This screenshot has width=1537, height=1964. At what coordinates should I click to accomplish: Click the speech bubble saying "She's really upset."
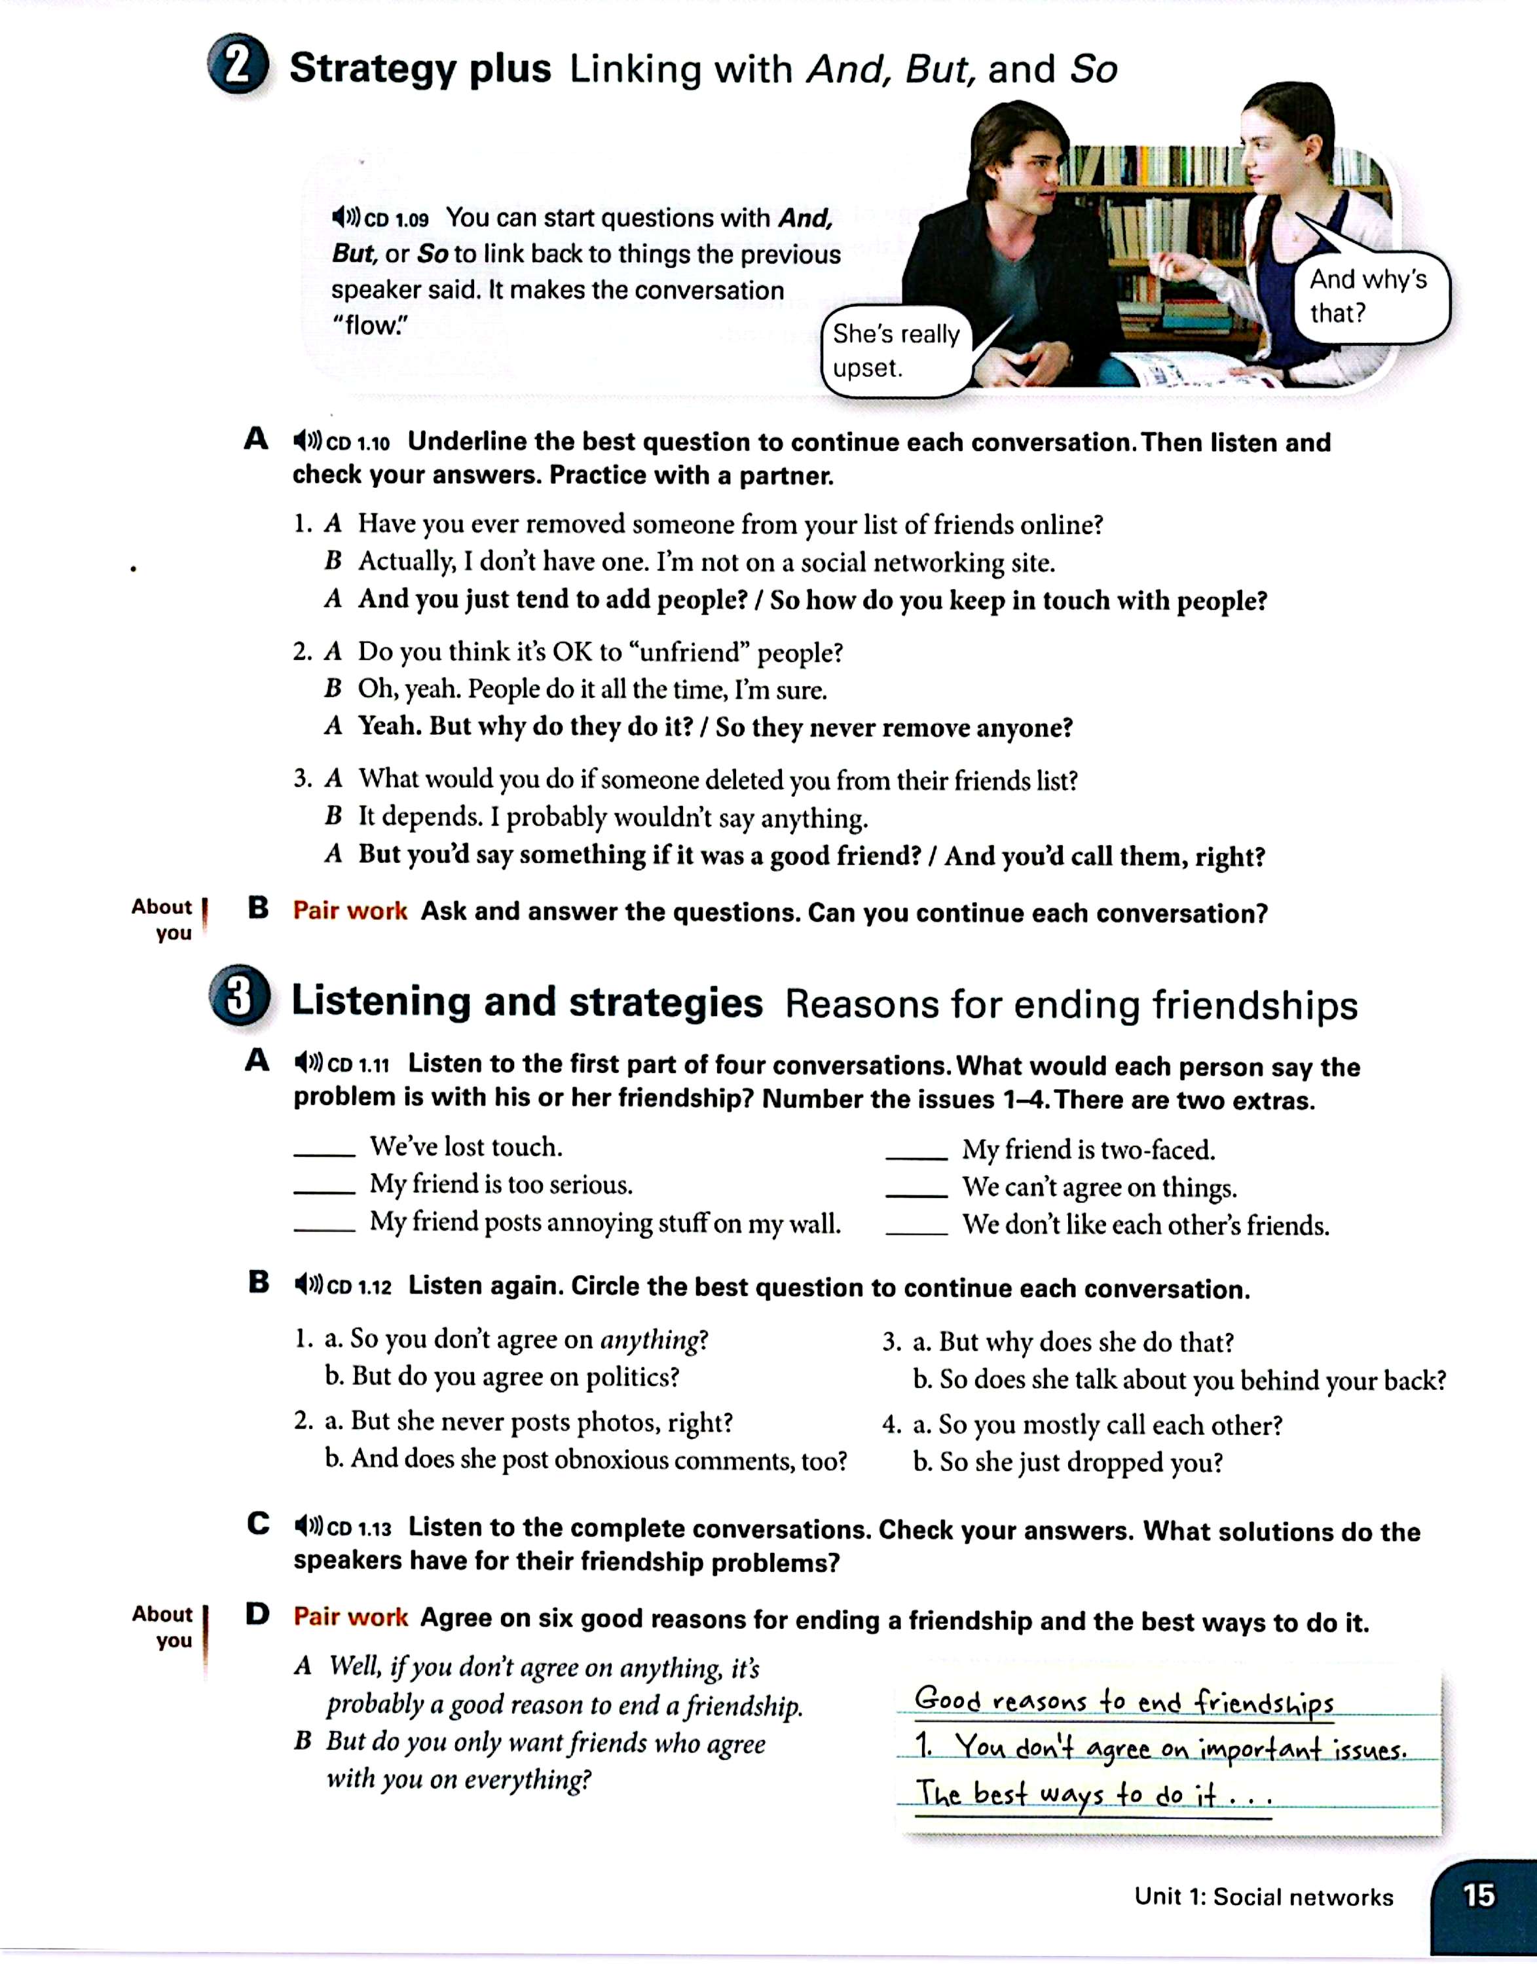(x=895, y=351)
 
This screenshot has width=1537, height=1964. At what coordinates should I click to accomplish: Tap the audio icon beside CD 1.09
(x=344, y=218)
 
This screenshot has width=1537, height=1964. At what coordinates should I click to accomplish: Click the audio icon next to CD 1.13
(x=308, y=1526)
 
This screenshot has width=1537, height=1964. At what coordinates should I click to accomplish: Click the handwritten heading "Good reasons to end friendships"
(x=1123, y=1701)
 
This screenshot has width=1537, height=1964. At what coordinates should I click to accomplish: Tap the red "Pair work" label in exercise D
(x=350, y=1617)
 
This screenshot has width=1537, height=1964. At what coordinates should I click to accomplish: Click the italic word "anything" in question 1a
(x=649, y=1341)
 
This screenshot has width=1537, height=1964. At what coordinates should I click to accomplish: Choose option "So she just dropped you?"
(x=1081, y=1462)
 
